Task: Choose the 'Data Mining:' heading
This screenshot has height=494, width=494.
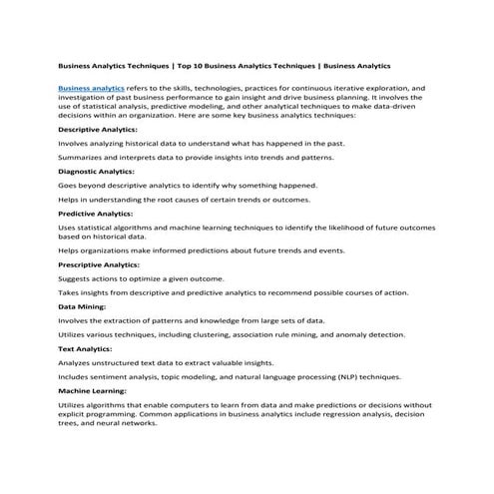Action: [x=83, y=306]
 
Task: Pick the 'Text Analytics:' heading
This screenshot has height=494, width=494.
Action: [x=87, y=348]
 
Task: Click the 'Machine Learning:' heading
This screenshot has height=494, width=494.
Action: [x=95, y=390]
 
